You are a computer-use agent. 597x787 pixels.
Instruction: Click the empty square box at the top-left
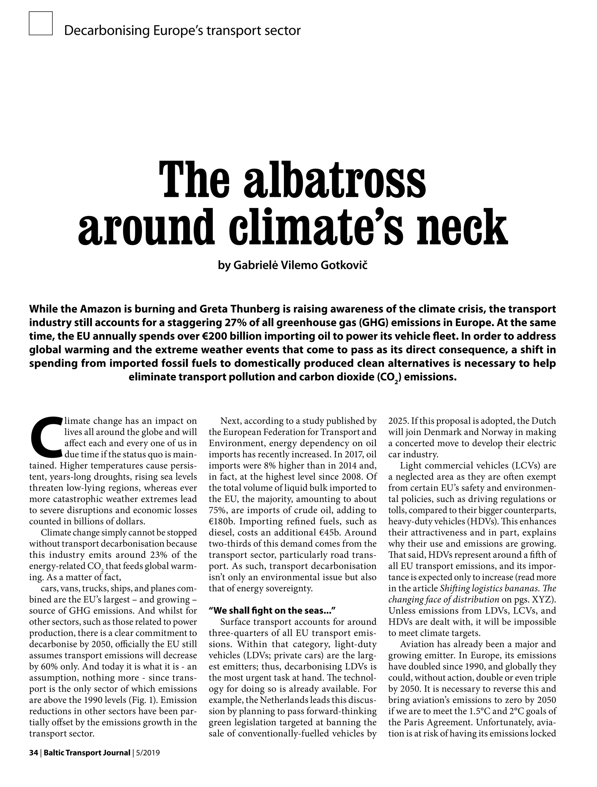(41, 23)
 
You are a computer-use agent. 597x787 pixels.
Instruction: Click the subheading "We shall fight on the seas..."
(272, 611)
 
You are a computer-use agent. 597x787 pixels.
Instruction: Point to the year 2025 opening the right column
(398, 421)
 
